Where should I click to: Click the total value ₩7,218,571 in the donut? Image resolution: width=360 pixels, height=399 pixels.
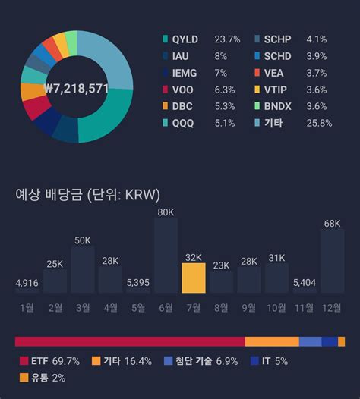point(76,89)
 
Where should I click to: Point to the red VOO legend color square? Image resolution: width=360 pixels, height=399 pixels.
point(166,90)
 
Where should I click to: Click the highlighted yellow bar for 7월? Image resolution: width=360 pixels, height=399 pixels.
point(194,278)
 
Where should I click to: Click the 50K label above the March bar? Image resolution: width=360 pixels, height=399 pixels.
point(82,240)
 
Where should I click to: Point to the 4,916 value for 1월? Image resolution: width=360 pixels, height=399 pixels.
point(27,283)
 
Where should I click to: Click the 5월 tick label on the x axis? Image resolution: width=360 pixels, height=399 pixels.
point(137,307)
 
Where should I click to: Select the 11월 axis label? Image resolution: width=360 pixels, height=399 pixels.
point(304,307)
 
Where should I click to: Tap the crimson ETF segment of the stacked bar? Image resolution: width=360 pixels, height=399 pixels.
point(129,341)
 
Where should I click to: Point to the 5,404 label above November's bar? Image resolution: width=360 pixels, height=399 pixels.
point(304,283)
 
